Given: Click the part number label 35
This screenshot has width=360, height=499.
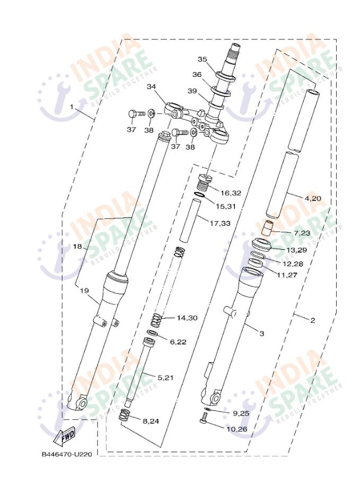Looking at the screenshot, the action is (202, 59).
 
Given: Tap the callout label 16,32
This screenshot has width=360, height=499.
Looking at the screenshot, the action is (231, 193).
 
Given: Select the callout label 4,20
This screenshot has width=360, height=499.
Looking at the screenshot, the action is (313, 198).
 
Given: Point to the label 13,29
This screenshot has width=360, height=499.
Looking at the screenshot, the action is (296, 250).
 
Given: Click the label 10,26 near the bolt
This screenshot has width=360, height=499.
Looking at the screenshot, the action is (237, 430).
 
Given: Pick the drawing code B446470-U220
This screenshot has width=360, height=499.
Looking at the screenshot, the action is (67, 454).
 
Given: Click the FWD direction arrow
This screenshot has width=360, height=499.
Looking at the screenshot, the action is (65, 435).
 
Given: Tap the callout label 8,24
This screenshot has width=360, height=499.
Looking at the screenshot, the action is (151, 422).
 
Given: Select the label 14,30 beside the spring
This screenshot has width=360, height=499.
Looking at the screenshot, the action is (187, 318).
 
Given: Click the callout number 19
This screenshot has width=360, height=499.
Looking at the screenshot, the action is (84, 291).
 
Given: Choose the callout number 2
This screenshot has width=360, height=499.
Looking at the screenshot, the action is (313, 320).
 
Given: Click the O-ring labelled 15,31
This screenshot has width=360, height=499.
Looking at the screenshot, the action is (199, 195).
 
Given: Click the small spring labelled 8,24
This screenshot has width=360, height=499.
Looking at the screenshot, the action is (124, 415).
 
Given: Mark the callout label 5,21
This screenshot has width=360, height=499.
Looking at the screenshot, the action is (165, 378).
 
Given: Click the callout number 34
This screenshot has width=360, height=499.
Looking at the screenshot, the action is (152, 87).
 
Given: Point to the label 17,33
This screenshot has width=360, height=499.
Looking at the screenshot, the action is (220, 223).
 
